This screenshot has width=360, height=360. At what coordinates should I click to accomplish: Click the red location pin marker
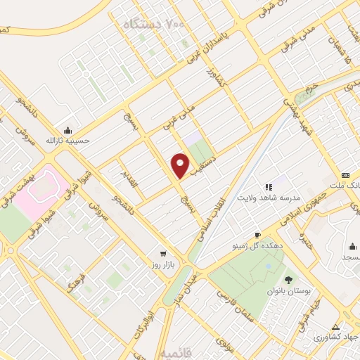pyautogui.click(x=180, y=166)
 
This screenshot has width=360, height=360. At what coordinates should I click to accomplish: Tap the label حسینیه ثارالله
pyautogui.click(x=68, y=141)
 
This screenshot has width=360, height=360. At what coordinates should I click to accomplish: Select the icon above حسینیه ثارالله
pyautogui.click(x=67, y=130)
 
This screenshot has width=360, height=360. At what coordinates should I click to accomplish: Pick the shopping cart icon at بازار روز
pyautogui.click(x=163, y=252)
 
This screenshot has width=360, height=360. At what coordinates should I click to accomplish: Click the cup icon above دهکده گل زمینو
pyautogui.click(x=257, y=235)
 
